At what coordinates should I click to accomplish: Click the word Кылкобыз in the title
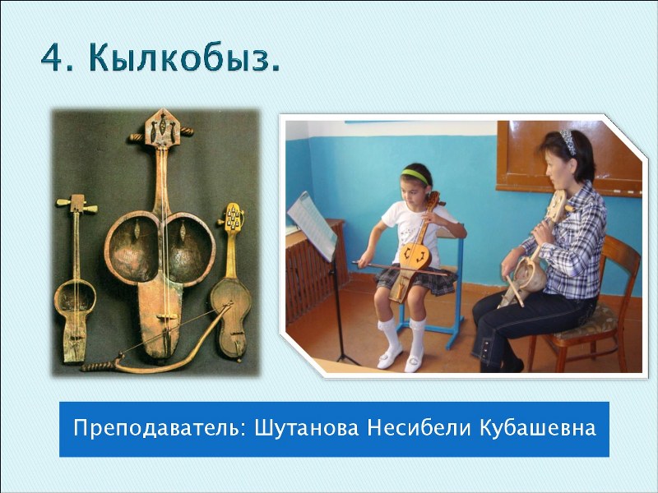(x=183, y=59)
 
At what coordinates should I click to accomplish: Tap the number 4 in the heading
(x=52, y=58)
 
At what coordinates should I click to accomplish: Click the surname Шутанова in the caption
(x=307, y=428)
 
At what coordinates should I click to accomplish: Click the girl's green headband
(x=415, y=176)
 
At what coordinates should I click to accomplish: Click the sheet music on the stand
(x=313, y=225)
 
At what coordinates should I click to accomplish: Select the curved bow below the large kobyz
(x=156, y=344)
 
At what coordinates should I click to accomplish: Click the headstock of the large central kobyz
(x=161, y=128)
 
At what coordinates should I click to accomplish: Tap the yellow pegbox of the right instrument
(x=233, y=216)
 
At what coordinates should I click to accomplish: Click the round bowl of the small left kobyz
(x=75, y=297)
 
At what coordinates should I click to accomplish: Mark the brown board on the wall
(x=569, y=159)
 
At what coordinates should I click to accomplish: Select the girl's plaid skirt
(x=416, y=280)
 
